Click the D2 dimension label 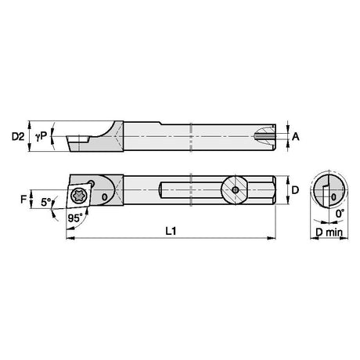18,136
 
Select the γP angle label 41,136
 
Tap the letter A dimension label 295,136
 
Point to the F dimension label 23,200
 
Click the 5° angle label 46,202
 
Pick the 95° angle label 74,218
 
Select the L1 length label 171,231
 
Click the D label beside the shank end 295,190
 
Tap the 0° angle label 340,214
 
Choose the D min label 329,232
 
